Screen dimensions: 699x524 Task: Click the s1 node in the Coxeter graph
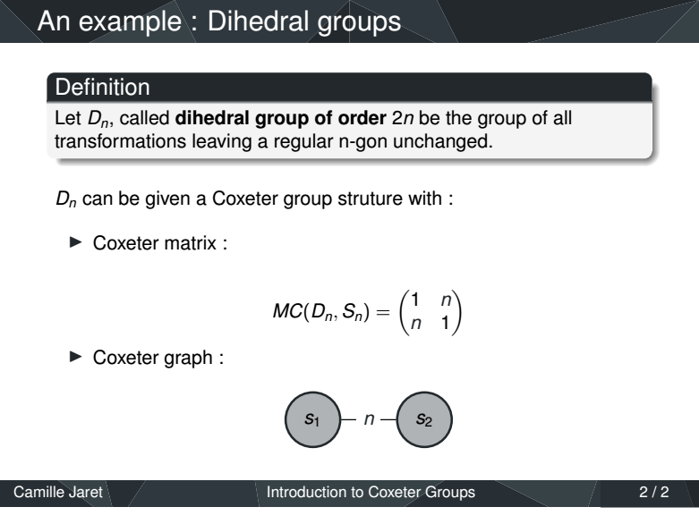pos(313,419)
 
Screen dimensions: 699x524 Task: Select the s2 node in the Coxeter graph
pos(424,419)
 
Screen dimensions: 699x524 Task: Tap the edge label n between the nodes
pos(369,419)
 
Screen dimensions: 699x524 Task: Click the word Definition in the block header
pos(103,87)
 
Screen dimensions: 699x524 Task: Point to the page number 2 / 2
pos(654,492)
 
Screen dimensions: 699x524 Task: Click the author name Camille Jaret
pos(58,492)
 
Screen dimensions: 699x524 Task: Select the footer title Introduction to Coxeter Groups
pos(371,492)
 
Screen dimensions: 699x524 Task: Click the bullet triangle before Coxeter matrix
pos(76,242)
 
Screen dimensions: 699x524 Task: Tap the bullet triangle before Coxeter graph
pos(76,357)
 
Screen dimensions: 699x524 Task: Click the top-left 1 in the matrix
pos(415,300)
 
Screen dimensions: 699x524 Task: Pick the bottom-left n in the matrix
pos(416,323)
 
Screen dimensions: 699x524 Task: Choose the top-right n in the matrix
pos(447,300)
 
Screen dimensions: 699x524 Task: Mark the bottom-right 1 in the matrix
pos(445,322)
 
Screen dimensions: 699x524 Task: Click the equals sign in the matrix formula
pos(383,312)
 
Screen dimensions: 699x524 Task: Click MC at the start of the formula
pos(287,311)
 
